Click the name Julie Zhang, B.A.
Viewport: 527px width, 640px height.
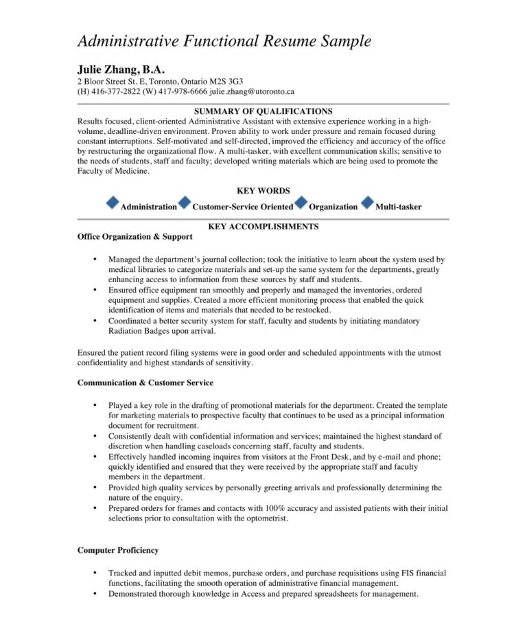pyautogui.click(x=121, y=69)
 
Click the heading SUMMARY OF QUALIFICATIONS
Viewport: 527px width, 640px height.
pyautogui.click(x=263, y=111)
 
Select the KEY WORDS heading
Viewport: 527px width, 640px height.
pyautogui.click(x=263, y=191)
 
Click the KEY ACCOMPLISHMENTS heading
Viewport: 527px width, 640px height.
pyautogui.click(x=263, y=227)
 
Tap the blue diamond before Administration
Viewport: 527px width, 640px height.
pyautogui.click(x=113, y=203)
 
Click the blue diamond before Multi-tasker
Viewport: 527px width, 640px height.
pyautogui.click(x=367, y=203)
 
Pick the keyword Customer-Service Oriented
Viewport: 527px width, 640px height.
pyautogui.click(x=243, y=207)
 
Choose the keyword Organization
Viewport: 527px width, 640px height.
pyautogui.click(x=333, y=207)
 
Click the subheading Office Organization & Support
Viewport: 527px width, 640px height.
pyautogui.click(x=135, y=237)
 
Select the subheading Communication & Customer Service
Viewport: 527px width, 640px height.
pyautogui.click(x=145, y=382)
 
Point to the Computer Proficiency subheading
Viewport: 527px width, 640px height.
pyautogui.click(x=118, y=550)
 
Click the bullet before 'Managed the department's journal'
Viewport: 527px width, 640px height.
pyautogui.click(x=93, y=260)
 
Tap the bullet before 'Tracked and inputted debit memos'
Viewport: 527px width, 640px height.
pyautogui.click(x=93, y=573)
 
